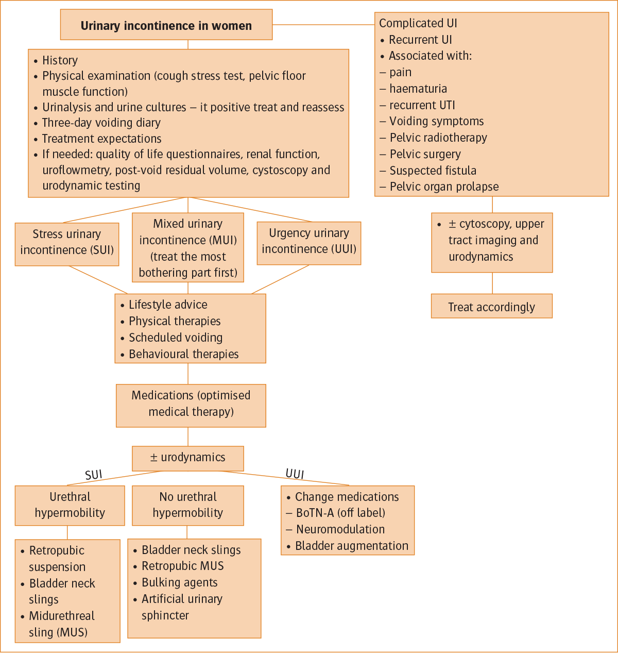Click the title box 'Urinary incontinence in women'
166,25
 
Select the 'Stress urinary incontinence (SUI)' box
67,242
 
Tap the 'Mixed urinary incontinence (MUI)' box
188,248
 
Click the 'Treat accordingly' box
491,307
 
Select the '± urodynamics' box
188,458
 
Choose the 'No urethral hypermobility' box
188,505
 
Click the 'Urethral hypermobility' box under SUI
70,505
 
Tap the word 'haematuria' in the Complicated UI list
418,89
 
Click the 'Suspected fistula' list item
433,171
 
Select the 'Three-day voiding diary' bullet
101,123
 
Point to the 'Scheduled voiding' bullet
176,338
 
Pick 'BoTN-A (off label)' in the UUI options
340,513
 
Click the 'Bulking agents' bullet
179,582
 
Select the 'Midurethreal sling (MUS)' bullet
62,624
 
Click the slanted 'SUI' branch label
94,475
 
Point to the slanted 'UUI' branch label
295,474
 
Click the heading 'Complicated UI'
418,23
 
